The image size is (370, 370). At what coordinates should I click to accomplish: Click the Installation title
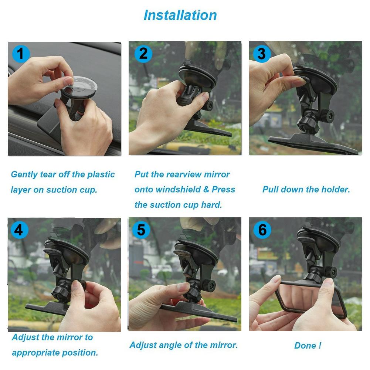180,15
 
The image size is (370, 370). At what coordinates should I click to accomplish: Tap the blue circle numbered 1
21,54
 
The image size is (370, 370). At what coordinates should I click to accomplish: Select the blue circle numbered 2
143,54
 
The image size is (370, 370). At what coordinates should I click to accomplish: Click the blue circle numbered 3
262,54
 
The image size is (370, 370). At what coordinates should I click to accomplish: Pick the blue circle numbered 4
19,230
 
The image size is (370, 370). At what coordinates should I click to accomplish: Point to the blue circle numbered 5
141,230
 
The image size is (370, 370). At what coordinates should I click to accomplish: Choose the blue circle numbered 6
262,230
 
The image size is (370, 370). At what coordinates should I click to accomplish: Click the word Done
305,346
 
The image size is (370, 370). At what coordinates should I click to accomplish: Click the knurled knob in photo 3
327,116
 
